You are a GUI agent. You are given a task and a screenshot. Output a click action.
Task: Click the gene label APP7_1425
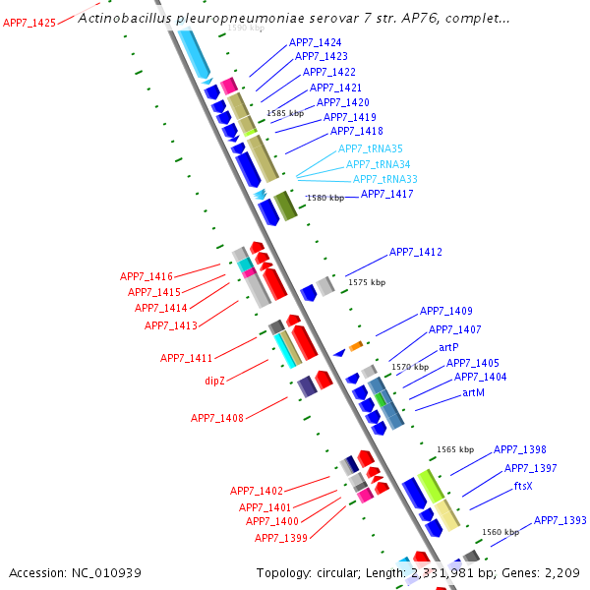tap(29, 23)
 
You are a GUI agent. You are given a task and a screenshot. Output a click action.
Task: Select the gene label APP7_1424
tap(316, 43)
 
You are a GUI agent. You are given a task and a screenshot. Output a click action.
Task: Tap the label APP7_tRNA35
tap(371, 148)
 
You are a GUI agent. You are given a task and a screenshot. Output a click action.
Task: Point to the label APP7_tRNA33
tap(385, 179)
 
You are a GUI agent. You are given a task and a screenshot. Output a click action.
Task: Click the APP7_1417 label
tap(387, 194)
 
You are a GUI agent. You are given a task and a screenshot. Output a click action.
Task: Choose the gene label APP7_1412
tap(416, 253)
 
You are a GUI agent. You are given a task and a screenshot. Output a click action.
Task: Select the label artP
tap(449, 347)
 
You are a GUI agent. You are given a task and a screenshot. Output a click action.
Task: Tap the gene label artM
tap(473, 392)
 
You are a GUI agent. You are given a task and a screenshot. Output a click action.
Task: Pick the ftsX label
tap(524, 486)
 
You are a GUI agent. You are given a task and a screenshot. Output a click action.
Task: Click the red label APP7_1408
tap(217, 419)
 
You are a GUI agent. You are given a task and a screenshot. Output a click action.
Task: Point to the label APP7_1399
tap(281, 538)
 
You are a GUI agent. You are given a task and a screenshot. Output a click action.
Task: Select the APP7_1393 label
tap(560, 520)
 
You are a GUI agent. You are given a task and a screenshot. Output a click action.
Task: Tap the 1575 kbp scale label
tap(367, 282)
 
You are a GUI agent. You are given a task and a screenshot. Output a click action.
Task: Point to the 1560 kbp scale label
tap(501, 532)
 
